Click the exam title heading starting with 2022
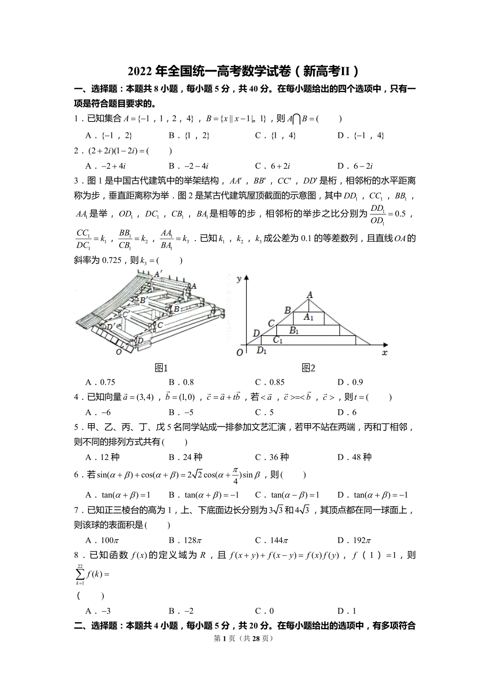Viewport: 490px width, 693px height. click(244, 71)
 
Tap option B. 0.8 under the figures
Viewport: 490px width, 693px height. click(181, 382)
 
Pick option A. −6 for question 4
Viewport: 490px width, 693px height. click(98, 412)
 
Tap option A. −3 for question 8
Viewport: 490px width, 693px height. click(98, 611)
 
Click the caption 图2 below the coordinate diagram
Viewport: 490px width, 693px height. click(308, 368)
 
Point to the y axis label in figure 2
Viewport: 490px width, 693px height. click(240, 278)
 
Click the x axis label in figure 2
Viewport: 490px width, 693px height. click(385, 352)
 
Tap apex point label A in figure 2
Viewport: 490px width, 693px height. click(309, 294)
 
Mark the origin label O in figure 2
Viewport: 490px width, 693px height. click(240, 352)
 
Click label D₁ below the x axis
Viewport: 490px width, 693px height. click(262, 350)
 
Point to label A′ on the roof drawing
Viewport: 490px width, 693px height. click(158, 274)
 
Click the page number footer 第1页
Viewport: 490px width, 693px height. click(244, 638)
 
